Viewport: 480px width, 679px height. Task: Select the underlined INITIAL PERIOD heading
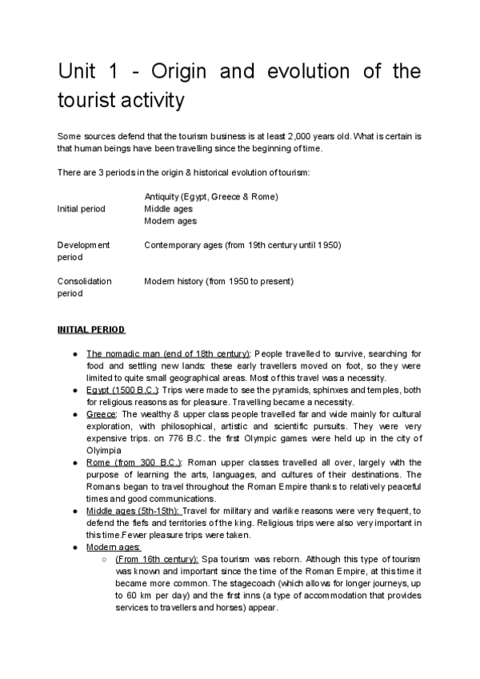90,329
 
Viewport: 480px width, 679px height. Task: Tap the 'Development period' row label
84,251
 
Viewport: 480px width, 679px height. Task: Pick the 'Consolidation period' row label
85,287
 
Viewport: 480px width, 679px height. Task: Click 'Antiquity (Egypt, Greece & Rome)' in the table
211,196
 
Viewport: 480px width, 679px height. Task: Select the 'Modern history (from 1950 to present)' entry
219,281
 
